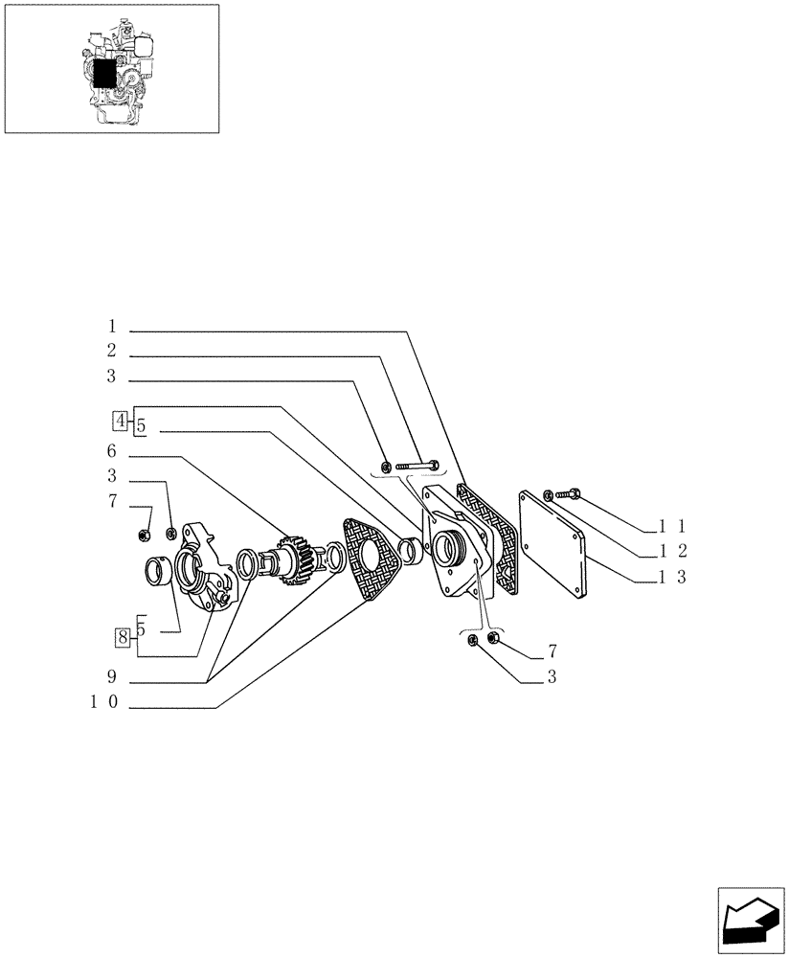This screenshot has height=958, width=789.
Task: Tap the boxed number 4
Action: pos(121,420)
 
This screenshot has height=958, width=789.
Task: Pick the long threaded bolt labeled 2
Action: pos(417,467)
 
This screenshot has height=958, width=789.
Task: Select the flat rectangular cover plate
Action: pos(554,542)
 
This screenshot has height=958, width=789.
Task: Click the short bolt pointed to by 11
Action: pos(566,494)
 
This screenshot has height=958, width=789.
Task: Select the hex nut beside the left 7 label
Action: pos(144,533)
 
